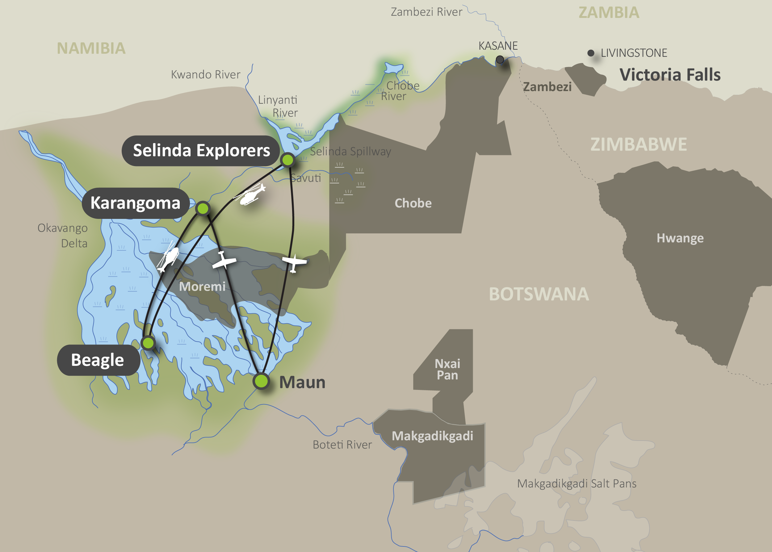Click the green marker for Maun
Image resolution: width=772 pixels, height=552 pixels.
[261, 381]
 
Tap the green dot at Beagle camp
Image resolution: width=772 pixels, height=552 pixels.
[148, 343]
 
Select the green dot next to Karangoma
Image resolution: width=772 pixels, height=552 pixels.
[203, 208]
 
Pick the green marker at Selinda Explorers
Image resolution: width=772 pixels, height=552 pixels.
[287, 159]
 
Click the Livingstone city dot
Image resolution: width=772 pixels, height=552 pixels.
[591, 53]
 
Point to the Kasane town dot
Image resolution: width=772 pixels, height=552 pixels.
[500, 60]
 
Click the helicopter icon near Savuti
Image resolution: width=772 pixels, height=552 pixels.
[250, 195]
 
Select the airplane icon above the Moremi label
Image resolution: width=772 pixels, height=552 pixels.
[223, 261]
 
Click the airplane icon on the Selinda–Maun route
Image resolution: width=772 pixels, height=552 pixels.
[294, 263]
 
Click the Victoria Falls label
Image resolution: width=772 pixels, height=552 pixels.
[670, 75]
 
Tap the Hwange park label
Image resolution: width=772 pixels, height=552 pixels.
[680, 238]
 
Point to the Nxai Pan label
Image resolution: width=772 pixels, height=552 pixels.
[447, 370]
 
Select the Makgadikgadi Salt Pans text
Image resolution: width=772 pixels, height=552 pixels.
[577, 483]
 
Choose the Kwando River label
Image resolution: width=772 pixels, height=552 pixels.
[205, 74]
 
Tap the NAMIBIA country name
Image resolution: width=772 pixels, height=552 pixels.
[91, 48]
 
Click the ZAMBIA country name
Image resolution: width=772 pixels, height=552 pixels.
[608, 13]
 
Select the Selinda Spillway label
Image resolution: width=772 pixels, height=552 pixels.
[350, 151]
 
